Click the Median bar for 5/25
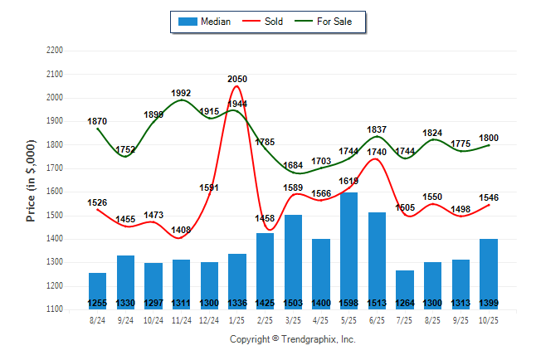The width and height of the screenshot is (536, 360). point(349,249)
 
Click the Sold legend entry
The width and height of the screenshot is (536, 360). point(265,21)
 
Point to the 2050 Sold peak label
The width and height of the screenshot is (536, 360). point(237,79)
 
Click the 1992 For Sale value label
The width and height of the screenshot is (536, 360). point(182,93)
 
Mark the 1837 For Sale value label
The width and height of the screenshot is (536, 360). point(378,129)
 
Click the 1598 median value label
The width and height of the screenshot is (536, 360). point(349,303)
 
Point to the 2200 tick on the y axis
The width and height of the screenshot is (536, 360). point(56,51)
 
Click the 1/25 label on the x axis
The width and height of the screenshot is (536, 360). point(237,319)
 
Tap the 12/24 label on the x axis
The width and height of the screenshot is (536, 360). point(209,319)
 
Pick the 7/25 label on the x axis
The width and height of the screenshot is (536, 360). point(405,319)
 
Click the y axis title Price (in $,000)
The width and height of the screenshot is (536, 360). point(31,180)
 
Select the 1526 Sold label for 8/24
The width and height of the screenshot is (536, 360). point(98,202)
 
